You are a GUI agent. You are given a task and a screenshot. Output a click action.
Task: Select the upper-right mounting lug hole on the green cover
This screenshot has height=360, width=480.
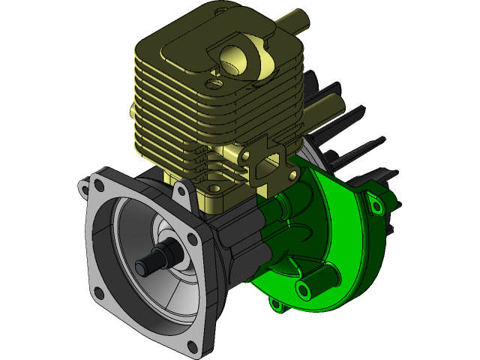pyautogui.click(x=373, y=199)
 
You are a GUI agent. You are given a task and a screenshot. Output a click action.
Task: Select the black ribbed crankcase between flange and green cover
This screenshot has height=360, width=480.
pyautogui.click(x=236, y=240)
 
